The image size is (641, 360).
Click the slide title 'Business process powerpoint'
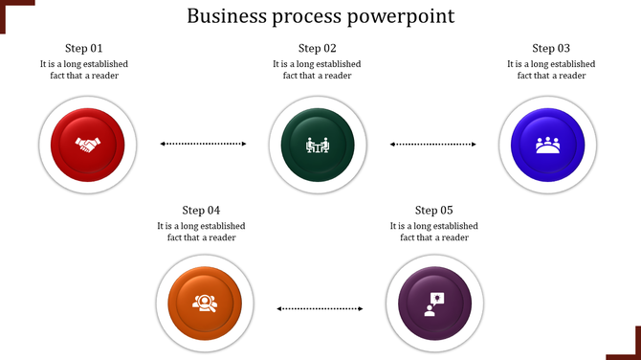click(320, 16)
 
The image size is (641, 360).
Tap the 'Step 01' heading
click(84, 48)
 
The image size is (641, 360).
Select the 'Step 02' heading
click(317, 48)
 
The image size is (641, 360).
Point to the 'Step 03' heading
click(551, 48)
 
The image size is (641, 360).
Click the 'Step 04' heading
click(201, 210)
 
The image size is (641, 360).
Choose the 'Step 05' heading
click(433, 210)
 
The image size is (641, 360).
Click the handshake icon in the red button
click(89, 146)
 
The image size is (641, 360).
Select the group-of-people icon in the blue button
click(547, 146)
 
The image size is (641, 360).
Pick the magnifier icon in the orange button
click(205, 304)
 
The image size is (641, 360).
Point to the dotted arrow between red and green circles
click(203, 144)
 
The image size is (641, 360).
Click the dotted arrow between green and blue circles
click(432, 144)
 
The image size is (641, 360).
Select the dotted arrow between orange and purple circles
click(320, 308)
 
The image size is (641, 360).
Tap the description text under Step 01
click(84, 70)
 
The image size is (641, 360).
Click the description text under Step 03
click(551, 70)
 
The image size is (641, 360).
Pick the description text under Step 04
click(201, 232)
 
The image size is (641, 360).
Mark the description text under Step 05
click(433, 232)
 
